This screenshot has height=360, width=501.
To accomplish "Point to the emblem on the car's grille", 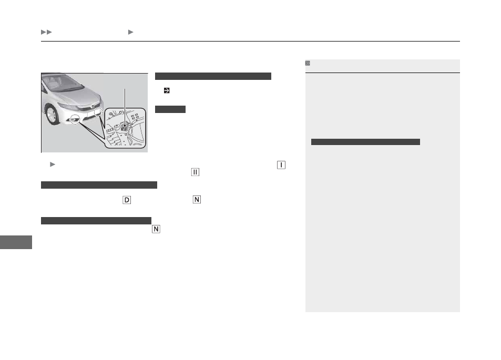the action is point(93,106).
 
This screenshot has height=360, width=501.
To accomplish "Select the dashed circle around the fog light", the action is point(75,119).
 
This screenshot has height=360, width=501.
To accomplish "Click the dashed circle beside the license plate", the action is point(98,112).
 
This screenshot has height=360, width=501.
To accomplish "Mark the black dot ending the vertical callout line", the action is point(125,126).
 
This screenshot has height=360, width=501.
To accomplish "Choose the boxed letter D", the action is point(127,200).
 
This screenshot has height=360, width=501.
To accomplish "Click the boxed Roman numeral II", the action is point(195,172).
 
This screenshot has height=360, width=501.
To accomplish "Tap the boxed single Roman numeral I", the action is point(281,165).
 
